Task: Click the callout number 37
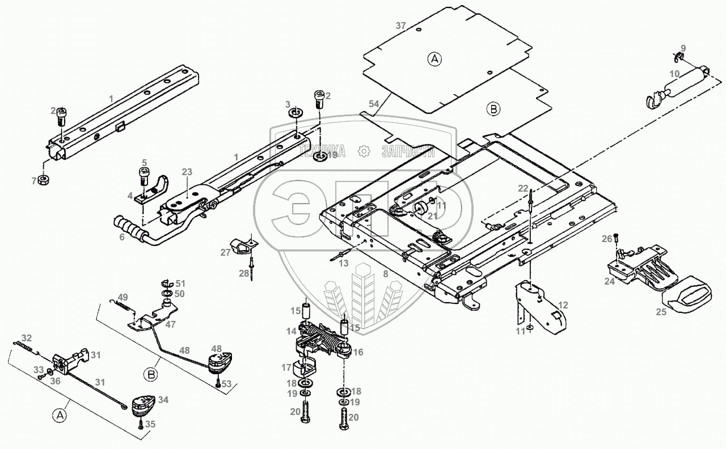tap(401, 26)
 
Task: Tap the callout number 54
tap(373, 104)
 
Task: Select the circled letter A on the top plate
tap(434, 59)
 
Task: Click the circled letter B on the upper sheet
tap(494, 109)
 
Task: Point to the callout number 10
tap(674, 74)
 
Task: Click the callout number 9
tap(683, 48)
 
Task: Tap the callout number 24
tap(609, 281)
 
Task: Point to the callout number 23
tap(187, 172)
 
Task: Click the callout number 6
tap(122, 238)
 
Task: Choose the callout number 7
tap(35, 180)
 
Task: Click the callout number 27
tap(226, 252)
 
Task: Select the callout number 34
tap(163, 400)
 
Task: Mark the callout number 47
tap(171, 324)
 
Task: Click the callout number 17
tap(286, 367)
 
